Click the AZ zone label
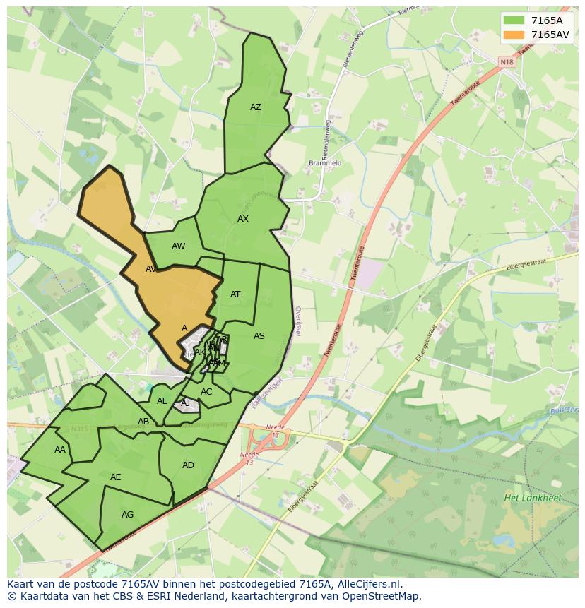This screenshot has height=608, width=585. [256, 107]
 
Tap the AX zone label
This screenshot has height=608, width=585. [243, 219]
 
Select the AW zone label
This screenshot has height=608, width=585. [178, 246]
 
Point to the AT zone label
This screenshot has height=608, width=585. [235, 294]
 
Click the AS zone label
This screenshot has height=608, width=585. [259, 336]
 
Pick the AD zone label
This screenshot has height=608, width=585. [188, 465]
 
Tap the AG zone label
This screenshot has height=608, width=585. [127, 515]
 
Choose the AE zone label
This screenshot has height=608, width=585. [116, 477]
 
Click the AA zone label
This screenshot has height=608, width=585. [60, 450]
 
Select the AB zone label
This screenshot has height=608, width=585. [143, 422]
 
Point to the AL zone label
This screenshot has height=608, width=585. [162, 401]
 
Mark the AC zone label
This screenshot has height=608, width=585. [206, 392]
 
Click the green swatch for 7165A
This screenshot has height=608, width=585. [514, 20]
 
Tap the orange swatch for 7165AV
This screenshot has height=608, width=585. [514, 34]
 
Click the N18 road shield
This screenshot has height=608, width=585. [507, 62]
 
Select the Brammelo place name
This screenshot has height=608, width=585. [325, 163]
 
